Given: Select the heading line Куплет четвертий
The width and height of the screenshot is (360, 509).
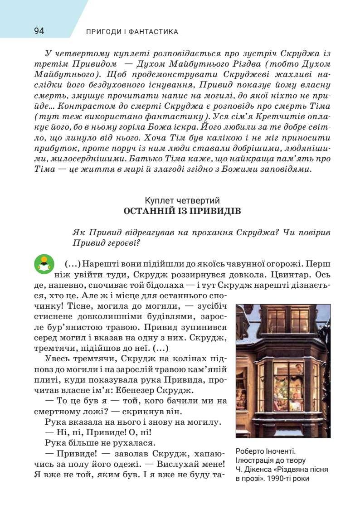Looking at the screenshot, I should (x=182, y=200).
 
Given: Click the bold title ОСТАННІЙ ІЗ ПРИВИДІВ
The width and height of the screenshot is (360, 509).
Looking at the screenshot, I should (x=182, y=211).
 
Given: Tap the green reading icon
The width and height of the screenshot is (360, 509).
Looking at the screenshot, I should (x=44, y=263).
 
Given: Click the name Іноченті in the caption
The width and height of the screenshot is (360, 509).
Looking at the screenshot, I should (x=279, y=451).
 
